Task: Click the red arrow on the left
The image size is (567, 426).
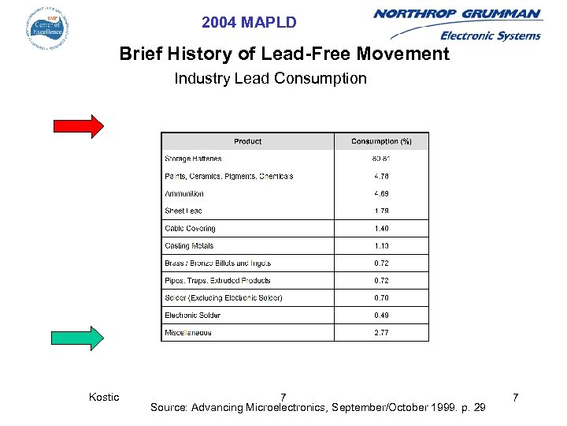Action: click(x=79, y=126)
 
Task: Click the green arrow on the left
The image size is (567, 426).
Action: click(x=79, y=338)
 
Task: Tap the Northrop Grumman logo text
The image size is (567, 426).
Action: click(x=458, y=13)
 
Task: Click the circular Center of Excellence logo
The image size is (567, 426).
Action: click(x=46, y=28)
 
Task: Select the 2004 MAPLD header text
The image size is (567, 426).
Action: click(x=249, y=23)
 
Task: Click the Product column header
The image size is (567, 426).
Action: click(x=248, y=141)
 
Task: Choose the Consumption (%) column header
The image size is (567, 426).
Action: click(x=381, y=141)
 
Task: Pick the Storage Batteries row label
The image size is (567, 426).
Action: click(x=193, y=159)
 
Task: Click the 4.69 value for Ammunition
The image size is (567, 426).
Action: click(x=381, y=193)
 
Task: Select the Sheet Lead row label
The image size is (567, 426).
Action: click(x=183, y=211)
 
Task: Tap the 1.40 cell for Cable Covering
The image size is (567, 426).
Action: click(x=381, y=228)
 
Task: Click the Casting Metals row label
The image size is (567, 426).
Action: click(x=189, y=245)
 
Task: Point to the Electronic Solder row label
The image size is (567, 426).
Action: click(x=192, y=315)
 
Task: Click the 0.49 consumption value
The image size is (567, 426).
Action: click(x=381, y=315)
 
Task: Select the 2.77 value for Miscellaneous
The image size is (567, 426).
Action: click(x=381, y=332)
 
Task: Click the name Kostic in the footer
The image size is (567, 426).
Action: click(x=104, y=397)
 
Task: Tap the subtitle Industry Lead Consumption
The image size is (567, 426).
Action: click(x=270, y=78)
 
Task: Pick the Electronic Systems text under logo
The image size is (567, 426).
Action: click(x=490, y=35)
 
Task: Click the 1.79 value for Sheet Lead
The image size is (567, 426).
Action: click(x=381, y=211)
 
